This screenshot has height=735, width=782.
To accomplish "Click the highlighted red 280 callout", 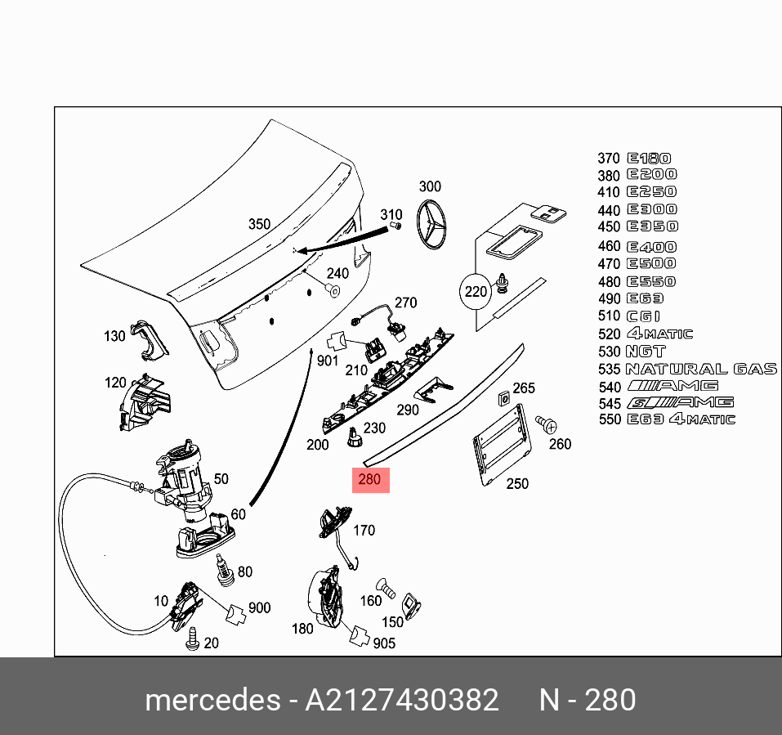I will point(370,479).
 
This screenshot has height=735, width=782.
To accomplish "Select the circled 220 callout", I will point(476,292).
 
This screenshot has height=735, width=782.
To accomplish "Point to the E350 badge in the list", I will point(652,226).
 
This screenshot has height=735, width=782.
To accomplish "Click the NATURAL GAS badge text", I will point(701,369).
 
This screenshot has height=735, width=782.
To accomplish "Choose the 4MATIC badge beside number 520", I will point(659,334).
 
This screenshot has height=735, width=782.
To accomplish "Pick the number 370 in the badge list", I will point(609,159).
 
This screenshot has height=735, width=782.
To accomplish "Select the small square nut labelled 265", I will point(504,400).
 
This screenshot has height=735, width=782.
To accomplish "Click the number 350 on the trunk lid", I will point(259,224).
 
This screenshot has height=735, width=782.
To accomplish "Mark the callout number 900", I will point(259,607).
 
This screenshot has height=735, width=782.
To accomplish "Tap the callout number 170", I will point(364,531).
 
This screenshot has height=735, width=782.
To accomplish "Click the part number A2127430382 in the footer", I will point(401,701).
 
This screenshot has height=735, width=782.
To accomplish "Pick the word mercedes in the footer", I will point(211,701).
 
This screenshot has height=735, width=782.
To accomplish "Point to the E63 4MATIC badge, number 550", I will point(681,419).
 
